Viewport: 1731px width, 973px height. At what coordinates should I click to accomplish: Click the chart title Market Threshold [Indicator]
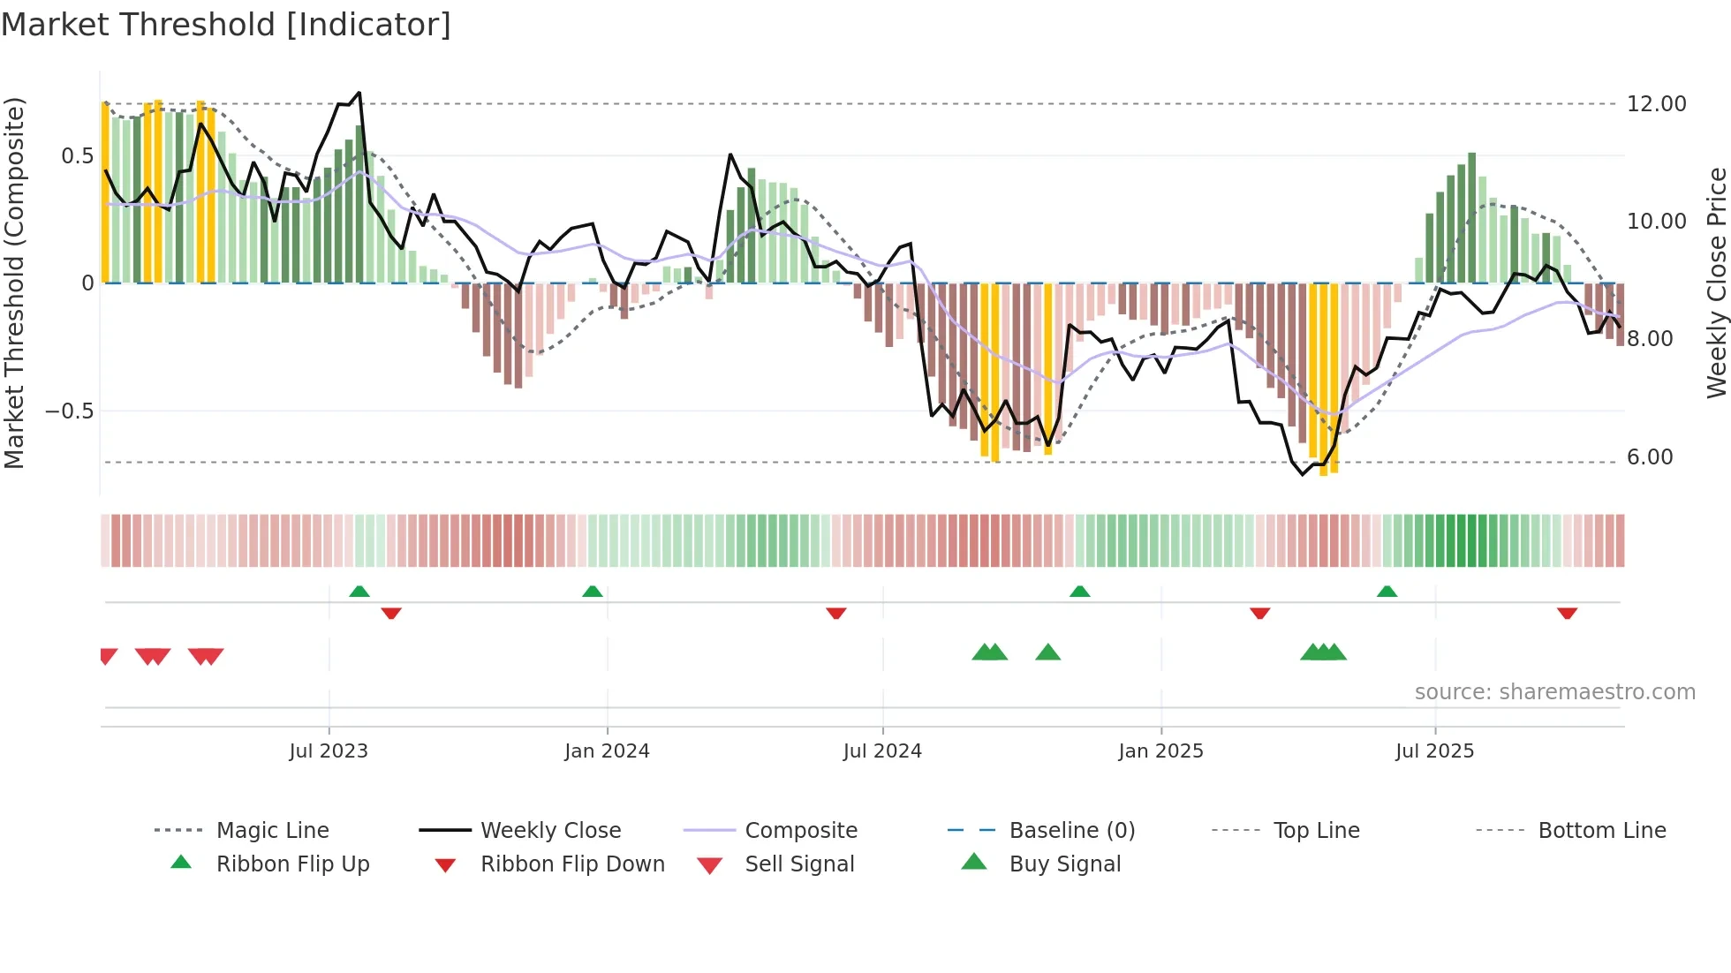226,25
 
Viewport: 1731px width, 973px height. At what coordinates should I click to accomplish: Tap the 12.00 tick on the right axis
1656,104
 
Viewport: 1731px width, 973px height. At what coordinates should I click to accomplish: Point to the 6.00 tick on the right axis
1650,457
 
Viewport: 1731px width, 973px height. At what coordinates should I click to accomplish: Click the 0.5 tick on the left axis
77,156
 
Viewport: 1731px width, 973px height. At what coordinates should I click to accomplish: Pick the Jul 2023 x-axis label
329,751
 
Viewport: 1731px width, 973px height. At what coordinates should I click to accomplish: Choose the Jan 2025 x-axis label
1160,751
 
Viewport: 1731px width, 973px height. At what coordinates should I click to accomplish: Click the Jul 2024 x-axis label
882,751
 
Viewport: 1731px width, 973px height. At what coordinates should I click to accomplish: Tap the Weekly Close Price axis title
1716,283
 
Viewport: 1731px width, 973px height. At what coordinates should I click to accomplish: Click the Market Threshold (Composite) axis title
14,283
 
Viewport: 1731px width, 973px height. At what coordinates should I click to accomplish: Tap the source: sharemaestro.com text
1554,692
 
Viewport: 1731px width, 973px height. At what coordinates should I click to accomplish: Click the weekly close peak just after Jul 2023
359,93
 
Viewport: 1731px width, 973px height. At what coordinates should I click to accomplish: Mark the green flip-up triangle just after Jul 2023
359,592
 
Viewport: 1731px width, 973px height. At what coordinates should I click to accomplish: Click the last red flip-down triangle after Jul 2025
1567,614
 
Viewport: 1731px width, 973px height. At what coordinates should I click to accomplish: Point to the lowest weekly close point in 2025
1302,475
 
